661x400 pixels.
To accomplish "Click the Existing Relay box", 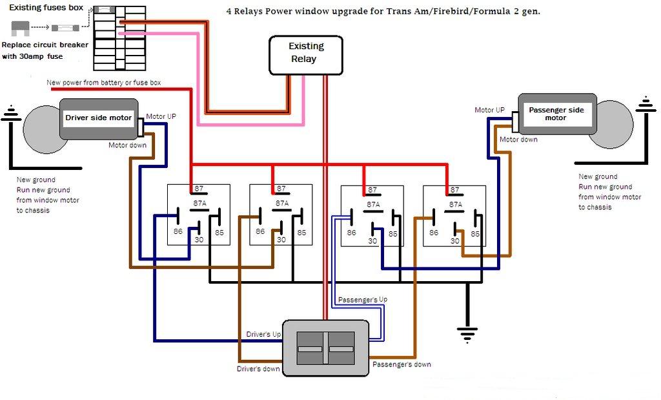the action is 305,56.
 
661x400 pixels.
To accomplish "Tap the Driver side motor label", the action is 98,118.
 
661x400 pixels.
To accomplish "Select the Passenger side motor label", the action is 556,114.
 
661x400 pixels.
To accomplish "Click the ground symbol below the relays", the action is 467,334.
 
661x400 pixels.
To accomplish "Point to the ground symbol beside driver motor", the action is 11,113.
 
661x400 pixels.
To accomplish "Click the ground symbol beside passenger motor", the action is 646,104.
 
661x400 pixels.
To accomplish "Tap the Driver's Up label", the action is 263,334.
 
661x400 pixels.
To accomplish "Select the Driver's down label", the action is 258,369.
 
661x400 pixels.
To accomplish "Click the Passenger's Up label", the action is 363,300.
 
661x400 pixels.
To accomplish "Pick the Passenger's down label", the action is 402,364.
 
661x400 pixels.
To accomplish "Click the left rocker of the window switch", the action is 310,348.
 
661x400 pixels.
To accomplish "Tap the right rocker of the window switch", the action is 341,348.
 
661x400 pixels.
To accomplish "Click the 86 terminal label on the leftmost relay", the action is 178,231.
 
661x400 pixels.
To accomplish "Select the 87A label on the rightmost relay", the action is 456,204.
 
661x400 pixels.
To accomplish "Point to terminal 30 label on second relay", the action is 281,240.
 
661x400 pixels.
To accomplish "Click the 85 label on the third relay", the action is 393,233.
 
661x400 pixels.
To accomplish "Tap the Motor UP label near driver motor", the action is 161,116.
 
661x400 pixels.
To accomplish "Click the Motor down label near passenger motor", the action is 518,139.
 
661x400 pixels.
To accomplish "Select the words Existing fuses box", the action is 46,8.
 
